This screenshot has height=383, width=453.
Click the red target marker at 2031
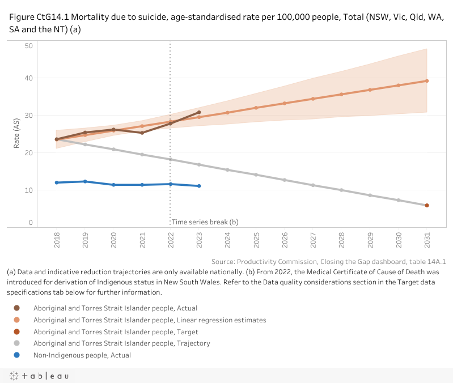(x=426, y=205)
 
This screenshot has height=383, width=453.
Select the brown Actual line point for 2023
(x=199, y=112)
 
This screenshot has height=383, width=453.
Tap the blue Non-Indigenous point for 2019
(x=85, y=181)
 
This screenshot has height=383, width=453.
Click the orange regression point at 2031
(x=426, y=80)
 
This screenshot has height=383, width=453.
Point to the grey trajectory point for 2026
(x=284, y=180)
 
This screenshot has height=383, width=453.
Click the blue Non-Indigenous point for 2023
(x=199, y=186)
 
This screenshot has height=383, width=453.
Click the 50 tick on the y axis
(x=28, y=45)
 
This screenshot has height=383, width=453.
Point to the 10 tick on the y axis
(x=28, y=190)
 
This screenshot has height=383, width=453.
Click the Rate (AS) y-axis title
(x=17, y=134)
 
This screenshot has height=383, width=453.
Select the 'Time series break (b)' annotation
(x=205, y=222)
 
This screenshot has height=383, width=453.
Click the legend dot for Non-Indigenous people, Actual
(x=17, y=355)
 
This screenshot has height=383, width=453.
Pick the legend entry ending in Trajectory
(x=121, y=343)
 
